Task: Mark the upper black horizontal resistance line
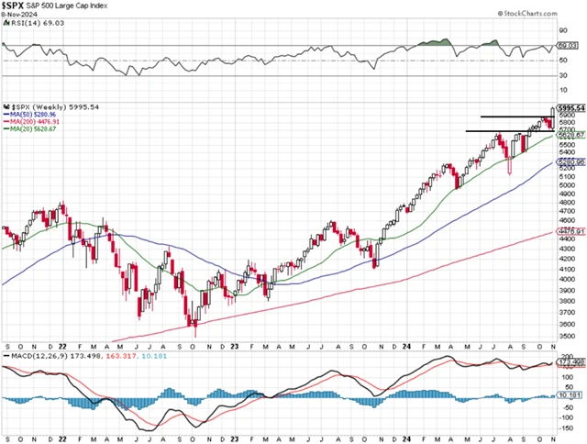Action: pos(514,117)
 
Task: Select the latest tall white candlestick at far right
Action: pos(552,117)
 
